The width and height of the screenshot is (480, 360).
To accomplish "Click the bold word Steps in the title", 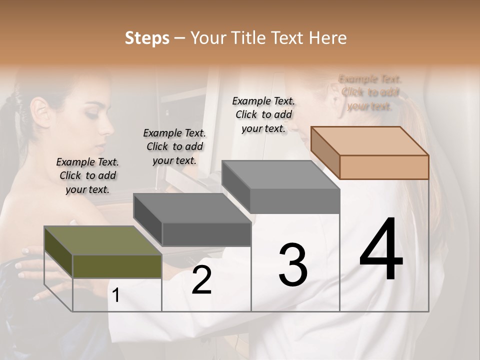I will [x=147, y=38].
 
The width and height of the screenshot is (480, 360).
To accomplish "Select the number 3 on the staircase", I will [x=293, y=265].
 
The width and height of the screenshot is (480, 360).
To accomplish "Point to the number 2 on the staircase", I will [x=201, y=280].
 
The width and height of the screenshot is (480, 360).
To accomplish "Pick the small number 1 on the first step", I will [x=116, y=295].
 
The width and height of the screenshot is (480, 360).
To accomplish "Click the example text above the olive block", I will [x=87, y=175].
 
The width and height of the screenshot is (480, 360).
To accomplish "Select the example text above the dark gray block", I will [x=174, y=146].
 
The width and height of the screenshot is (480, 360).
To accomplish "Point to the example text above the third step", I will [x=263, y=114].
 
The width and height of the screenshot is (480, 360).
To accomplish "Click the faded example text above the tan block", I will [x=370, y=92].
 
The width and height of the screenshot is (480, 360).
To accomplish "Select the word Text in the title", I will [x=286, y=38].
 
